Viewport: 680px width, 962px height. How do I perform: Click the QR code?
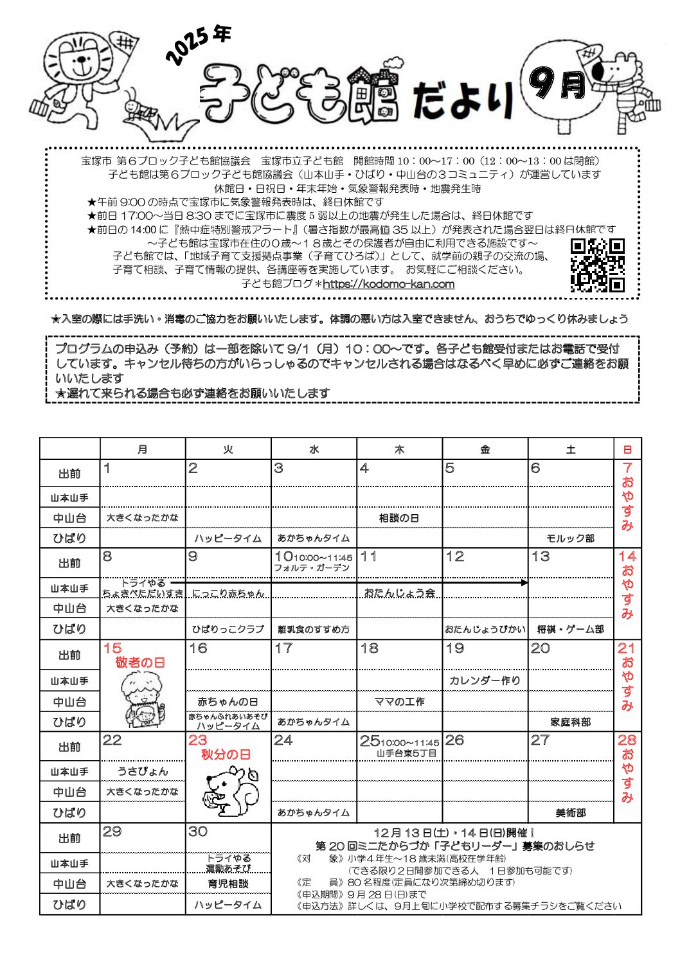597,265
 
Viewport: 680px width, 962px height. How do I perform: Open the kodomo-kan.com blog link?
388,284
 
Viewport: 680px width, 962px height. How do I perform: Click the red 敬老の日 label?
140,663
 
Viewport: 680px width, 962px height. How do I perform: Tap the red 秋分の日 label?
226,754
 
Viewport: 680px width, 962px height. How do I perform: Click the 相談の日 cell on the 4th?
399,517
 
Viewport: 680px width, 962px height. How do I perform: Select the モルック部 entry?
570,539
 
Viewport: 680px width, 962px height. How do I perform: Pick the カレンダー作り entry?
485,681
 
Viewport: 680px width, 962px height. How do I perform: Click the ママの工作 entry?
399,702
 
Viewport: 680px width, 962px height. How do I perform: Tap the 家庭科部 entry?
570,722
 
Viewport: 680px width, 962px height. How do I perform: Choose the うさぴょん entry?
143,771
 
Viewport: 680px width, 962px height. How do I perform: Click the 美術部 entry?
570,813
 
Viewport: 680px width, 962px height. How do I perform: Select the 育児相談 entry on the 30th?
228,884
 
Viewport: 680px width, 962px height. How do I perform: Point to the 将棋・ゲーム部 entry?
570,630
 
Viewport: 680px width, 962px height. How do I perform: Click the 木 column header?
399,449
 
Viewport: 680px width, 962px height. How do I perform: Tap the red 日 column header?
627,449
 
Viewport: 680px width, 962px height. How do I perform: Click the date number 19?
455,648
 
